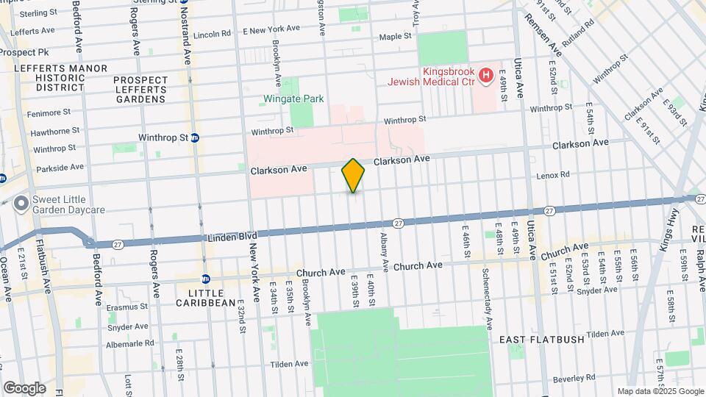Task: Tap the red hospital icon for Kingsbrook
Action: tap(485, 74)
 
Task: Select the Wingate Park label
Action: tap(294, 99)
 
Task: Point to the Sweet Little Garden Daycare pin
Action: tap(21, 202)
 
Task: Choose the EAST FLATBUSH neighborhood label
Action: tap(541, 340)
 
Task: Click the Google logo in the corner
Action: tap(24, 388)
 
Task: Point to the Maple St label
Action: tap(395, 37)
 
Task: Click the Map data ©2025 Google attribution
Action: tap(660, 391)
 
